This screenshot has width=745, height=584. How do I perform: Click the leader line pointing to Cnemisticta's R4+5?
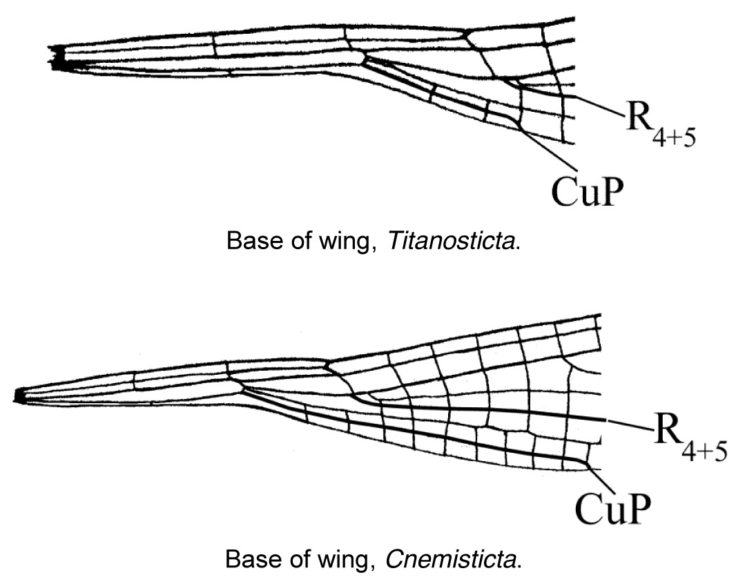click(628, 425)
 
